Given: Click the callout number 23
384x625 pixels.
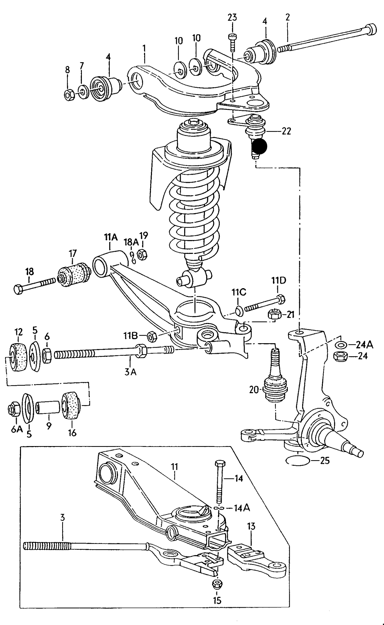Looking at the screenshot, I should coord(232,18).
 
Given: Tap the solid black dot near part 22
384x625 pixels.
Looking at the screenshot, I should coord(259,146).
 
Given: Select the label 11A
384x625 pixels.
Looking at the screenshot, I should coord(111,237).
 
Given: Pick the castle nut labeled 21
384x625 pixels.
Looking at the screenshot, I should coord(275,314).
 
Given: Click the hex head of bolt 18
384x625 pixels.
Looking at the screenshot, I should coord(18,289).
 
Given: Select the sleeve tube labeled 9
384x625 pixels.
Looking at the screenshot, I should coord(48,411).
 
